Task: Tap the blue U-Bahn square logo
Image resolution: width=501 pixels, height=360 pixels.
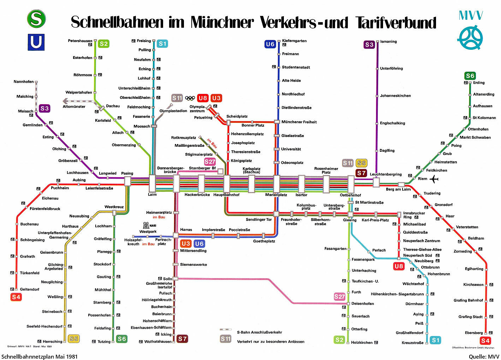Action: pos(36,42)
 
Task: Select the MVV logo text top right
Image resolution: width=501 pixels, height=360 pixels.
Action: pos(471,15)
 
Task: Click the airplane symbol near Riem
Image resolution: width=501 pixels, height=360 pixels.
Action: pos(434,179)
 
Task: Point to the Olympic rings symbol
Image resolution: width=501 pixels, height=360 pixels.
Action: pos(190,98)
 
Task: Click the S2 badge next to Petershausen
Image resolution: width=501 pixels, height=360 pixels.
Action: pos(103,44)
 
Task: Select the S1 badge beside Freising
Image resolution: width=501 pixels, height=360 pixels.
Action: pos(162,44)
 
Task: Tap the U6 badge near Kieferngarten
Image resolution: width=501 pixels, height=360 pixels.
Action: pos(270,44)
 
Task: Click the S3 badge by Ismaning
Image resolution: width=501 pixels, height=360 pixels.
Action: pos(369,44)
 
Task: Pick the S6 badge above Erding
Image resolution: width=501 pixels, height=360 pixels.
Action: pos(470,76)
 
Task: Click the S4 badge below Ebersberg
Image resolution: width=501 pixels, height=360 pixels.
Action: pos(485,341)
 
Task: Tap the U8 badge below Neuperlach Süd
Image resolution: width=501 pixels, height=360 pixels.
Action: pos(399,266)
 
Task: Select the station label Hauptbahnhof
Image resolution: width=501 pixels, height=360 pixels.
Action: pos(226,195)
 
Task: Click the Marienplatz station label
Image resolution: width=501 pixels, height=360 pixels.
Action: pos(276,195)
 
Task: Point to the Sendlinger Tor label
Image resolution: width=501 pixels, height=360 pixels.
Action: pos(259,220)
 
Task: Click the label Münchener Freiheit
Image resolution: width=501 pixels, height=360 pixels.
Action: pos(299,122)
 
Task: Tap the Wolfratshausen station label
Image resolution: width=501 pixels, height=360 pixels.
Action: pos(158,342)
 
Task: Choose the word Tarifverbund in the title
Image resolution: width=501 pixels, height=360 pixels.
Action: pos(396,23)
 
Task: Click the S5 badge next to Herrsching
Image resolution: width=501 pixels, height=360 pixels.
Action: pos(73,339)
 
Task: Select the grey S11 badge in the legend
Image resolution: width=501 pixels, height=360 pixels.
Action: pos(226,339)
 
